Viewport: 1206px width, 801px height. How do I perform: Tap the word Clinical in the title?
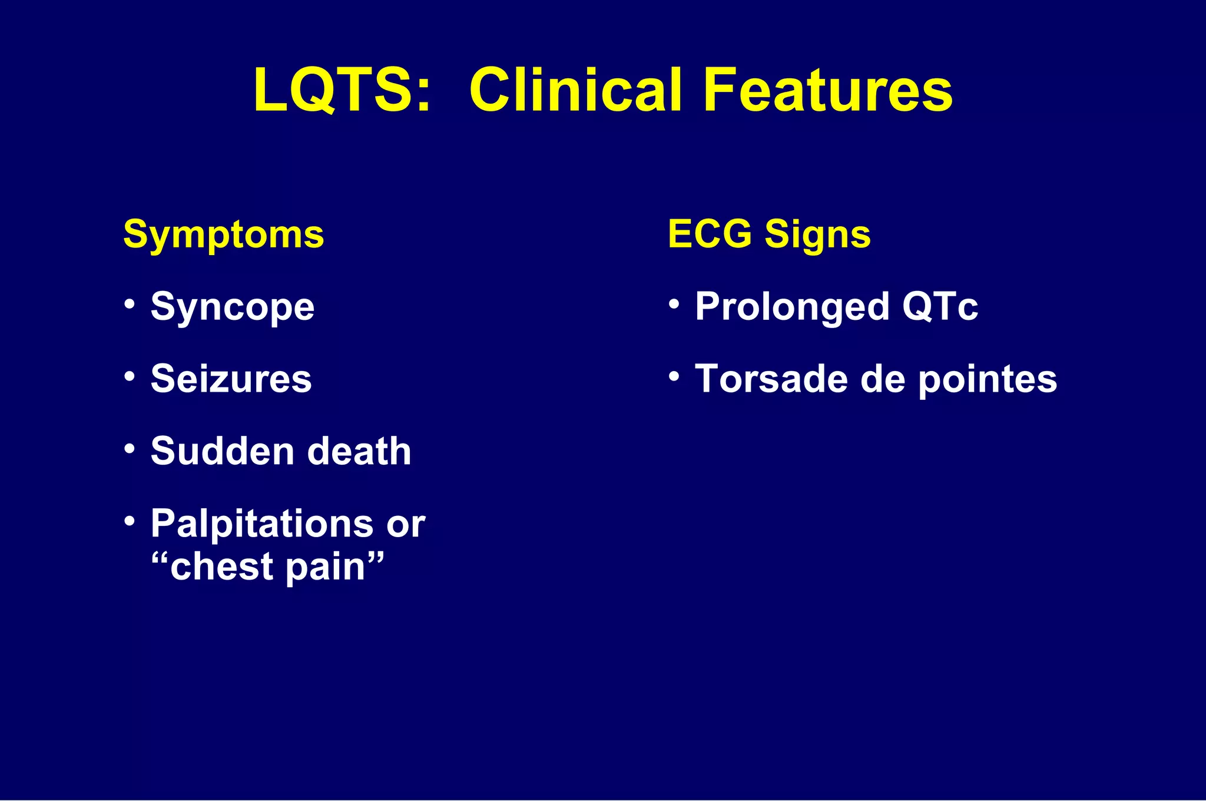(x=576, y=90)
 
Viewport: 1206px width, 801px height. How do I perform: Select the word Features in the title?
(x=827, y=90)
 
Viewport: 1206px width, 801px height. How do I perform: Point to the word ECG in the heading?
(x=710, y=234)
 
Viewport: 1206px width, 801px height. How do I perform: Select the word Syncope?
(x=233, y=308)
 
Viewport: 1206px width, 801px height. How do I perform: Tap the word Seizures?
(x=231, y=379)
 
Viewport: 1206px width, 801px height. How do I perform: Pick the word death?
(x=359, y=452)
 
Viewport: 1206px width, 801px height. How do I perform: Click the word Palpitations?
(x=262, y=524)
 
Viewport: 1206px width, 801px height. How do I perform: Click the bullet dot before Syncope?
(x=130, y=304)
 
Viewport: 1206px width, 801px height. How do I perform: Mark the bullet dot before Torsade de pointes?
(x=674, y=375)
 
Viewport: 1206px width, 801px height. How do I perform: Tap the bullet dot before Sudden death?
(x=130, y=448)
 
